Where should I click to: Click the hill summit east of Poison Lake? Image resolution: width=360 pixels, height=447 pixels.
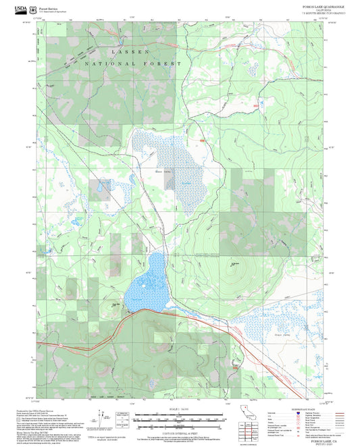233,265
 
